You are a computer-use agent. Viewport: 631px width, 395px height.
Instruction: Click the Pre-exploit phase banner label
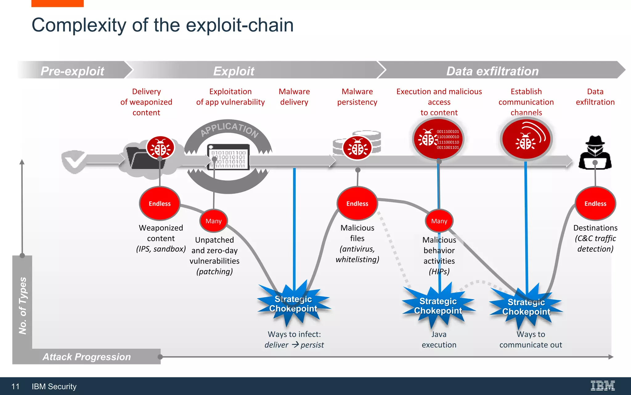click(x=72, y=71)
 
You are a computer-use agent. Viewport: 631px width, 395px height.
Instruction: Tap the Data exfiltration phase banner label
click(x=492, y=71)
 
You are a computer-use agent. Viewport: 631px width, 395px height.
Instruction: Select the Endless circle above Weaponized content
click(x=160, y=203)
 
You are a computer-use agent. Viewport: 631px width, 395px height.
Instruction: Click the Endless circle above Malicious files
click(x=357, y=203)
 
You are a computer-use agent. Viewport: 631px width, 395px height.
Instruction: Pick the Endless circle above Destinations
click(x=595, y=203)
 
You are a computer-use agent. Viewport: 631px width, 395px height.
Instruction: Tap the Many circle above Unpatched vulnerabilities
click(x=214, y=221)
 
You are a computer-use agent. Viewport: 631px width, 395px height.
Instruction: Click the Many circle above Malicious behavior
click(x=439, y=221)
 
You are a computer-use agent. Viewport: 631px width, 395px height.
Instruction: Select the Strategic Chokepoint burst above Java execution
click(x=438, y=306)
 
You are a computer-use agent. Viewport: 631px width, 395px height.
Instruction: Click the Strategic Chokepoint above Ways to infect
click(x=293, y=304)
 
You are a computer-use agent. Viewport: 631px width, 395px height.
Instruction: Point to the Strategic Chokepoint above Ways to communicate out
click(x=526, y=307)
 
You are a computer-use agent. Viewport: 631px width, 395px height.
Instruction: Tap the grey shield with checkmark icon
click(x=73, y=161)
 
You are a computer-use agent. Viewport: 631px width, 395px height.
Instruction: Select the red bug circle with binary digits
click(x=438, y=139)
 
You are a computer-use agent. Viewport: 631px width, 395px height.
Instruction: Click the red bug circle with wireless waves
click(x=526, y=139)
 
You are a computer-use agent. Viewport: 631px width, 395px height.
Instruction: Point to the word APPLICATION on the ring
click(x=229, y=128)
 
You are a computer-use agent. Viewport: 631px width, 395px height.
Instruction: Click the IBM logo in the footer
click(x=602, y=386)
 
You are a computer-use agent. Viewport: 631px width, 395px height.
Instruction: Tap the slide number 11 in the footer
click(x=15, y=386)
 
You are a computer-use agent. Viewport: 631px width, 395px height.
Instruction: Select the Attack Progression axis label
click(x=87, y=357)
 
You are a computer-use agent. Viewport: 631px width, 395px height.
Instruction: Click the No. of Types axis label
click(x=22, y=306)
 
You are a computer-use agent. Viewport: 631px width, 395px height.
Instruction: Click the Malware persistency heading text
click(x=357, y=97)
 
